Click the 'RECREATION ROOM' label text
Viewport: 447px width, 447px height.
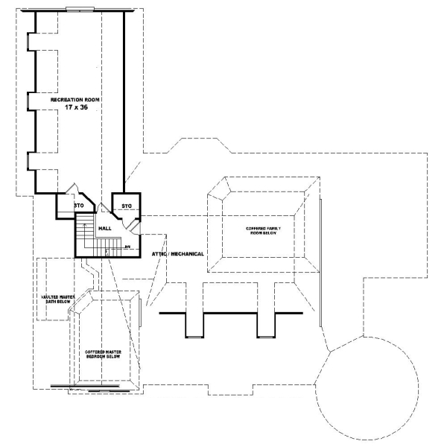74,98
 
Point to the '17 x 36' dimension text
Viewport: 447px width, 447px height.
75,108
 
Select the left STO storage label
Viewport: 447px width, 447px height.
77,205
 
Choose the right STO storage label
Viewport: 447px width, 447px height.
126,205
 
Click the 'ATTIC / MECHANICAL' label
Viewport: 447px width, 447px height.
178,254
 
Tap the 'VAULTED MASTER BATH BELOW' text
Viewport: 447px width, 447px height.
57,300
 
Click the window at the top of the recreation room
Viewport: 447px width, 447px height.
79,9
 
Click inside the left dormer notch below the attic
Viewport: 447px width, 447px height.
194,323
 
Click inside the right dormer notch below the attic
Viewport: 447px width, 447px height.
267,323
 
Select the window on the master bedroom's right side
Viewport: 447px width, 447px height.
139,311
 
